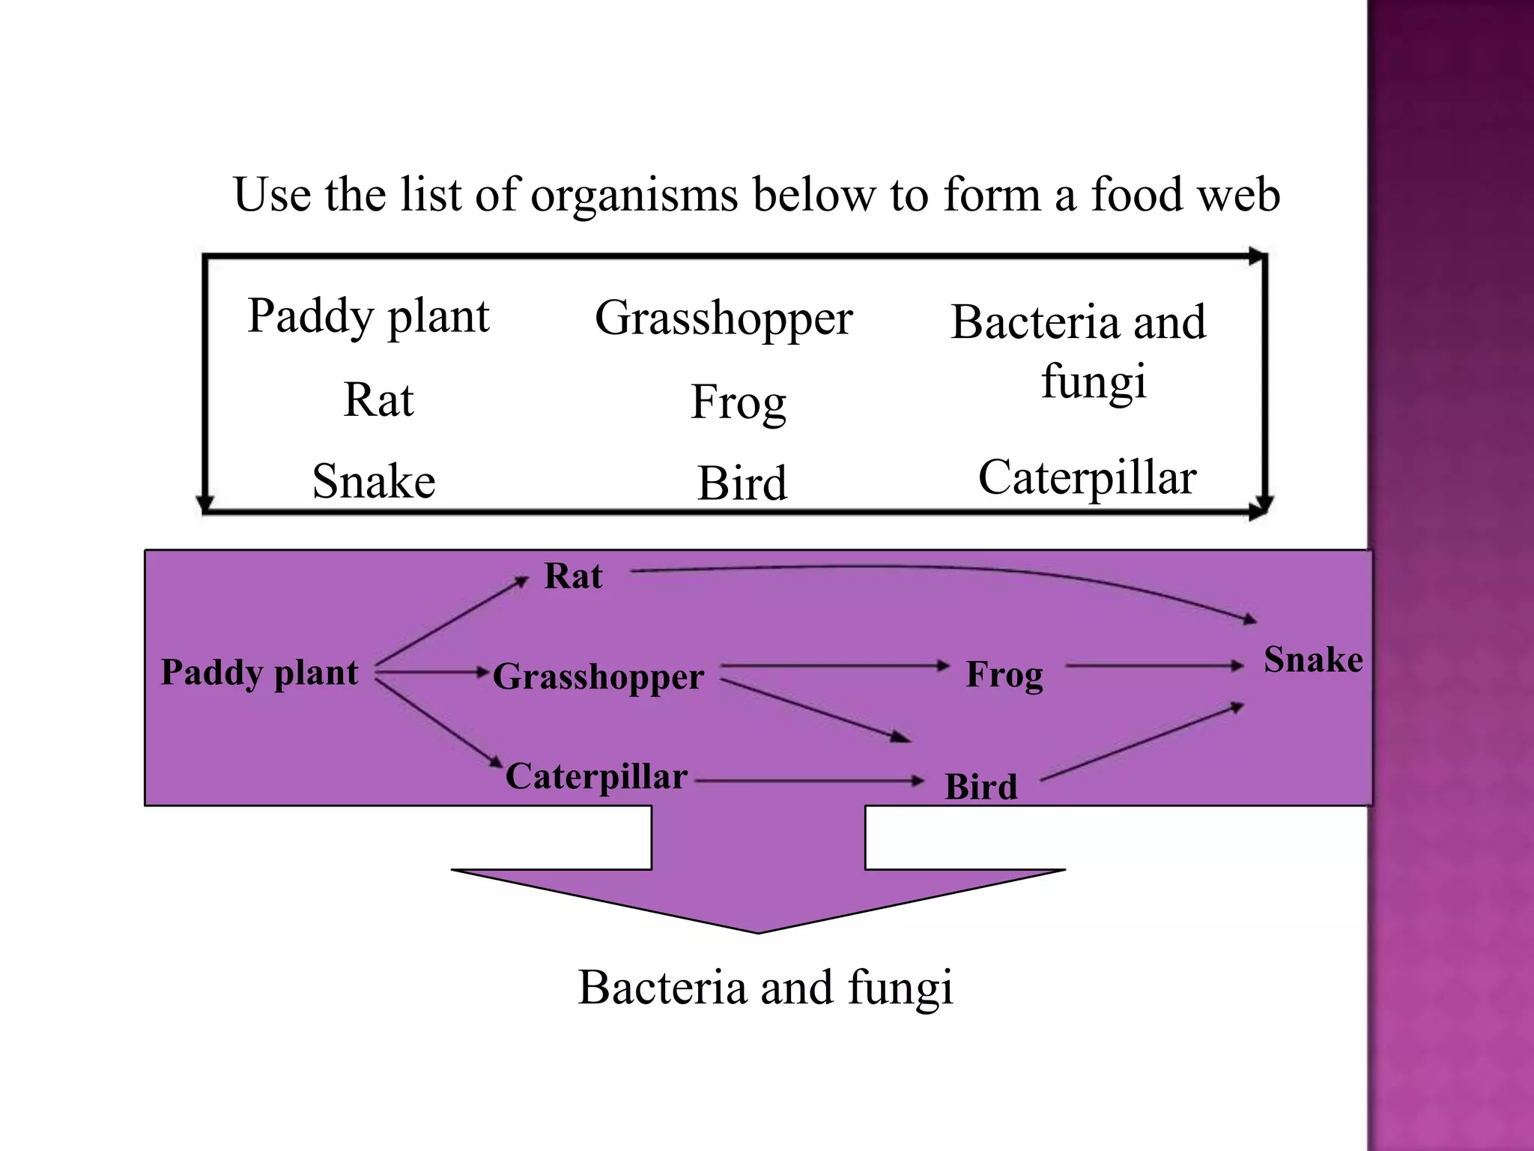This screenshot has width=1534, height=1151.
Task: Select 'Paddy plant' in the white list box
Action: click(369, 316)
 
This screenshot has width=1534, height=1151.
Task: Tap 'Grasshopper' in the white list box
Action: click(724, 318)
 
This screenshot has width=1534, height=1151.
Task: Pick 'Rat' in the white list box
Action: click(378, 400)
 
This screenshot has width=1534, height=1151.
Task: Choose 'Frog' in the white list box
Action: click(738, 402)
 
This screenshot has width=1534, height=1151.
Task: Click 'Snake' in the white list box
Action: click(374, 481)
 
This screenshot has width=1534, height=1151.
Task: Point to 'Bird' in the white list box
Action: click(742, 483)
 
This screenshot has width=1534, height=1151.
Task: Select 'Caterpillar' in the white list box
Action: click(1087, 478)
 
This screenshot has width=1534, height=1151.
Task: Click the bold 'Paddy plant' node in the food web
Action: click(259, 672)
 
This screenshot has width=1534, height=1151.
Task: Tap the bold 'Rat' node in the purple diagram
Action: click(573, 576)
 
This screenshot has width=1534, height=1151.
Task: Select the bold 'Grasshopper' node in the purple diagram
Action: click(598, 677)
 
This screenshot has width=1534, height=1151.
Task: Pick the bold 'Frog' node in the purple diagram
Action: click(1004, 674)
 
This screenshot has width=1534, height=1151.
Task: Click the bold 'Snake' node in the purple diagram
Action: click(1313, 660)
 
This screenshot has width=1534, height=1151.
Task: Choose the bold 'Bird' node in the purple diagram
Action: click(980, 787)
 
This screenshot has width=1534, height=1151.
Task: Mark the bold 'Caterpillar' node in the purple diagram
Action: click(596, 776)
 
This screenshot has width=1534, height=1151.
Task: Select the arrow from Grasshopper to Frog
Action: click(831, 665)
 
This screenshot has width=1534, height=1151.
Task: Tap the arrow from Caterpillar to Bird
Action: click(809, 781)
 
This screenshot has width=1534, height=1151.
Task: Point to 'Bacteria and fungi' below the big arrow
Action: click(765, 988)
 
